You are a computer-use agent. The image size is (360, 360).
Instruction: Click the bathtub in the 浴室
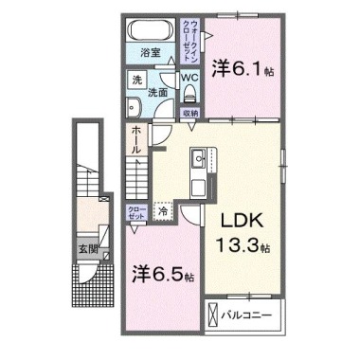(x=150, y=28)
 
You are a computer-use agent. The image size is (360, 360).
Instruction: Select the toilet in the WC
(x=189, y=93)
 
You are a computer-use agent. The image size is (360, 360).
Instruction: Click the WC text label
(x=189, y=77)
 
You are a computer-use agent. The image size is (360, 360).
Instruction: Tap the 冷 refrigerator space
(x=162, y=213)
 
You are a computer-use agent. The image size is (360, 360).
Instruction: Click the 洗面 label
(x=158, y=93)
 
